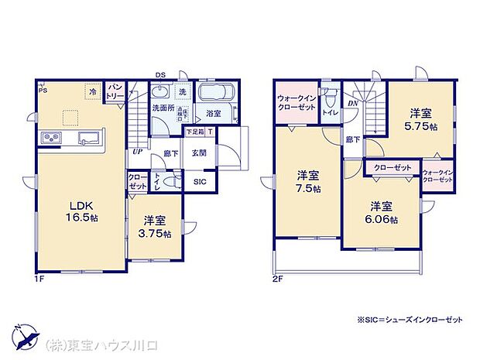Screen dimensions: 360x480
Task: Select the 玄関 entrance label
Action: [x=198, y=153]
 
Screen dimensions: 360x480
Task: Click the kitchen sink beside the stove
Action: [x=87, y=139]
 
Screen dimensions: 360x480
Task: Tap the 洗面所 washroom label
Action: [x=161, y=108]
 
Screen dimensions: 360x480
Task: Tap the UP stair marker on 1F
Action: [x=136, y=153]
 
